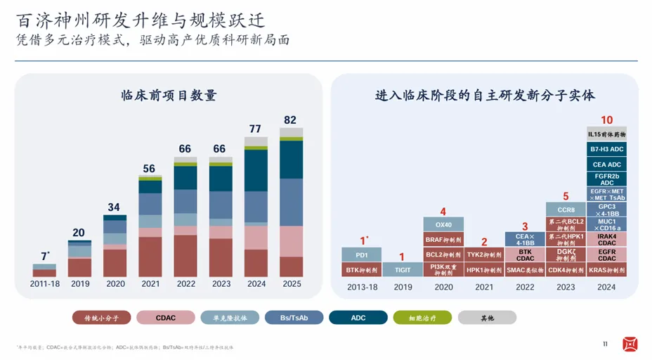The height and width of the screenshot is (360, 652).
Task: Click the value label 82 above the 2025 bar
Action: click(x=290, y=120)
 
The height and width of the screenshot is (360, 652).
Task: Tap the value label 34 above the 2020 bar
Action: click(x=114, y=207)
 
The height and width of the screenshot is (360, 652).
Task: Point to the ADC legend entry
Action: click(x=359, y=317)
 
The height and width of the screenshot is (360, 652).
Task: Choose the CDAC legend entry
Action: click(x=166, y=317)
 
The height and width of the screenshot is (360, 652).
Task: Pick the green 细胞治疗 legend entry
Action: click(x=422, y=317)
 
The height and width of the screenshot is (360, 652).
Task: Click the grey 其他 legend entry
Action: click(x=487, y=317)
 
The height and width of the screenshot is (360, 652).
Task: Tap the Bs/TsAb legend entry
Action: click(x=294, y=317)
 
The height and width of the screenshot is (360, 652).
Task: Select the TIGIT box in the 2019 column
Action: click(x=403, y=269)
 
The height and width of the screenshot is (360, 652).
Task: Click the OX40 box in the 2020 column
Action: click(x=443, y=224)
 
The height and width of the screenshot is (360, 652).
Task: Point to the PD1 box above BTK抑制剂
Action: click(x=362, y=255)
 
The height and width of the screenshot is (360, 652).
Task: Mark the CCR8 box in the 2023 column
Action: click(x=566, y=210)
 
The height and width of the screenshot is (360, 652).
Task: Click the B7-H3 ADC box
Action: click(x=607, y=149)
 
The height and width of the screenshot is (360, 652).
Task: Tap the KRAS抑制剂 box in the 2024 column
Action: click(x=607, y=269)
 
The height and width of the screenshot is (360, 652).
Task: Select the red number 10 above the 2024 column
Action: click(x=607, y=120)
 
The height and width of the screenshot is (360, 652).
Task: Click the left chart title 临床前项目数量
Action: click(x=168, y=96)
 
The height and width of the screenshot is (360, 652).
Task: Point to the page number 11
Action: click(x=606, y=344)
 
